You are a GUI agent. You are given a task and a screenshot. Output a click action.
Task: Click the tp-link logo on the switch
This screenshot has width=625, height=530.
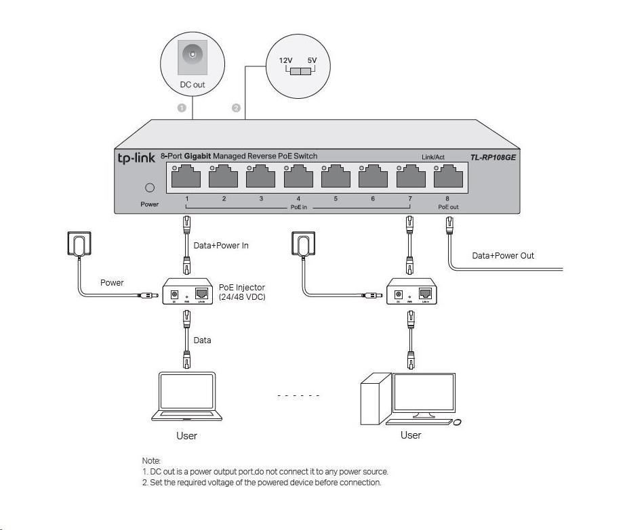point(137,158)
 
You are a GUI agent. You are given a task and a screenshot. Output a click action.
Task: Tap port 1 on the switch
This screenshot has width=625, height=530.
point(186,178)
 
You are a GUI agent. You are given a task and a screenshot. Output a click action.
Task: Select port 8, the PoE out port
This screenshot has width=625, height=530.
point(447,178)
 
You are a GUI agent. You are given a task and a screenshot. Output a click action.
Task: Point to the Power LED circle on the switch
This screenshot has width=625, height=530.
point(150,188)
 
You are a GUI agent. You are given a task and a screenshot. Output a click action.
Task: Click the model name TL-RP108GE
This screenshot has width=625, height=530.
point(493,158)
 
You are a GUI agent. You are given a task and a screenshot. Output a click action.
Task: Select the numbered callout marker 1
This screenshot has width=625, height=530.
point(182,108)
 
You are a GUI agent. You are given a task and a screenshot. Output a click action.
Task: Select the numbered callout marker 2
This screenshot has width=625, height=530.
point(236,108)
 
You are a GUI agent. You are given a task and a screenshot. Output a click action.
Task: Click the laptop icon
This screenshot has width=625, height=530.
point(186,397)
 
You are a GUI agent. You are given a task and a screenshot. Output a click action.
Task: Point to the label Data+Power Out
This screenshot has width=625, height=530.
point(503,256)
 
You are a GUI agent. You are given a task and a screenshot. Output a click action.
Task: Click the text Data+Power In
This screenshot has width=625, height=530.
point(221,246)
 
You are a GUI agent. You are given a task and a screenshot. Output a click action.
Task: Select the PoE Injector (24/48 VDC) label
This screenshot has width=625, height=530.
point(242,292)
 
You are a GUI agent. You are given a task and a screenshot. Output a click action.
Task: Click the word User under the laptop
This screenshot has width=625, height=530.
point(186,436)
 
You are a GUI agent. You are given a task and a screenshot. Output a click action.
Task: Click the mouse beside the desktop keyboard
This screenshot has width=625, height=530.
point(457,422)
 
